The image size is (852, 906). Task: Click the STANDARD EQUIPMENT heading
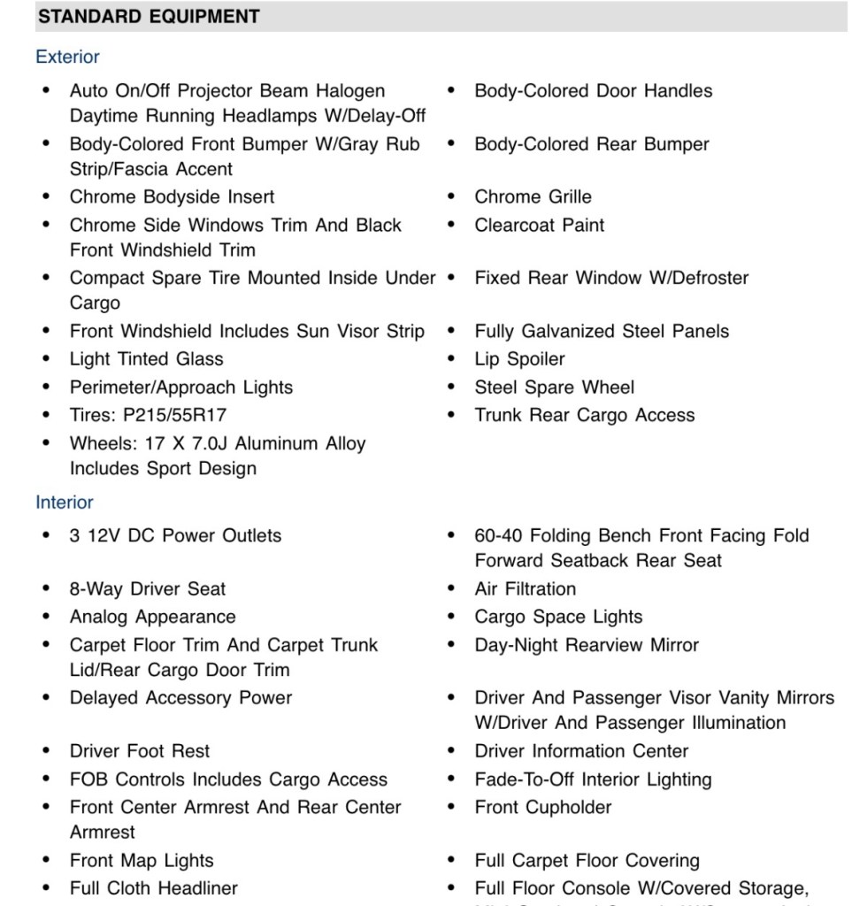pyautogui.click(x=150, y=17)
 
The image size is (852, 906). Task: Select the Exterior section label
pyautogui.click(x=67, y=58)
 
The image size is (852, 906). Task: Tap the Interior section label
pyautogui.click(x=65, y=503)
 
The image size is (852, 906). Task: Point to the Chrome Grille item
pyautogui.click(x=533, y=197)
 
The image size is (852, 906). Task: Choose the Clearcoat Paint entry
pyautogui.click(x=540, y=226)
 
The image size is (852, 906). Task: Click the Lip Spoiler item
pyautogui.click(x=519, y=359)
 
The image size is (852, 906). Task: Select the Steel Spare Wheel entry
pyautogui.click(x=554, y=388)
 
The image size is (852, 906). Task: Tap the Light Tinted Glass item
pyautogui.click(x=147, y=359)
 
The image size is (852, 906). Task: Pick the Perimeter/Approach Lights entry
pyautogui.click(x=181, y=388)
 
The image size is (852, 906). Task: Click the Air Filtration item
pyautogui.click(x=525, y=589)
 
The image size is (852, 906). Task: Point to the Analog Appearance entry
pyautogui.click(x=153, y=618)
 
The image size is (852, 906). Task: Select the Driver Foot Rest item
pyautogui.click(x=140, y=752)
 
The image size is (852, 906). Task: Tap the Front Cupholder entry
pyautogui.click(x=542, y=808)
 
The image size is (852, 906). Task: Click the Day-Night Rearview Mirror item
pyautogui.click(x=587, y=646)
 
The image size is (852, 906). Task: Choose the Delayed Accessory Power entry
pyautogui.click(x=180, y=698)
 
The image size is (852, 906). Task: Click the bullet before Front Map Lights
pyautogui.click(x=46, y=861)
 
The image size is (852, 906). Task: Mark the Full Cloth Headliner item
pyautogui.click(x=154, y=888)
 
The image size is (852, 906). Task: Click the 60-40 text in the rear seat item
pyautogui.click(x=497, y=536)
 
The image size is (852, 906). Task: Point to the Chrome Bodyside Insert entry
pyautogui.click(x=173, y=197)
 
